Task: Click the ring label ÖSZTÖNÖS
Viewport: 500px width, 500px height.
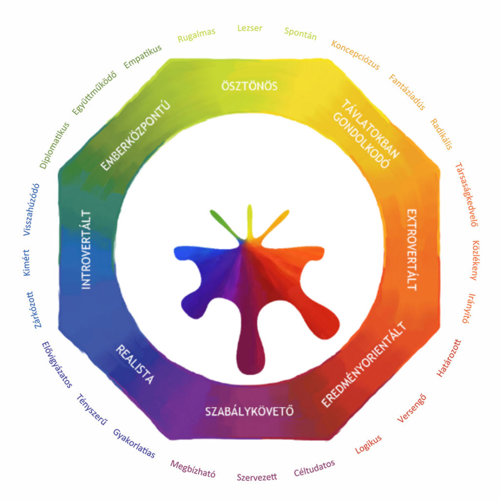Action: click(x=250, y=85)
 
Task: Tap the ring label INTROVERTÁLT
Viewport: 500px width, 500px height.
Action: click(x=86, y=250)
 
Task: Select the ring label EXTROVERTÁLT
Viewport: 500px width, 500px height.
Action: click(x=412, y=250)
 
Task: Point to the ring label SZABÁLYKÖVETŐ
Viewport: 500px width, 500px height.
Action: click(x=250, y=411)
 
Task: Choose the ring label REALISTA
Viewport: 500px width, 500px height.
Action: click(x=135, y=364)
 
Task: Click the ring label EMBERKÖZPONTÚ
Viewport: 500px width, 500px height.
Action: click(x=136, y=136)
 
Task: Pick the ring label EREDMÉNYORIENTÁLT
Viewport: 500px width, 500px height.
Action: click(x=363, y=364)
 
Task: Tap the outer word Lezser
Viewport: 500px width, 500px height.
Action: click(x=250, y=28)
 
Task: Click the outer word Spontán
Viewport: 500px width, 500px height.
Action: click(x=300, y=34)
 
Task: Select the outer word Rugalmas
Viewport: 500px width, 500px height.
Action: click(x=196, y=35)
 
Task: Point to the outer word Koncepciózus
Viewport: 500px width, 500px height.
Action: click(x=355, y=55)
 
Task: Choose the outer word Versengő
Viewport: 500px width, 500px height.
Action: click(x=412, y=409)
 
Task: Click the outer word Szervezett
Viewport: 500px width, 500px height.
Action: click(x=257, y=477)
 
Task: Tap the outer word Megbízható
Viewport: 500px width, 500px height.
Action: click(x=193, y=469)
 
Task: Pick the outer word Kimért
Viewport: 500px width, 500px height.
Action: click(x=26, y=263)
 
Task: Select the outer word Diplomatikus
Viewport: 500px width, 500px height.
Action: click(x=54, y=146)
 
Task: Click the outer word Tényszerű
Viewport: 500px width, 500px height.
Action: click(x=92, y=410)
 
